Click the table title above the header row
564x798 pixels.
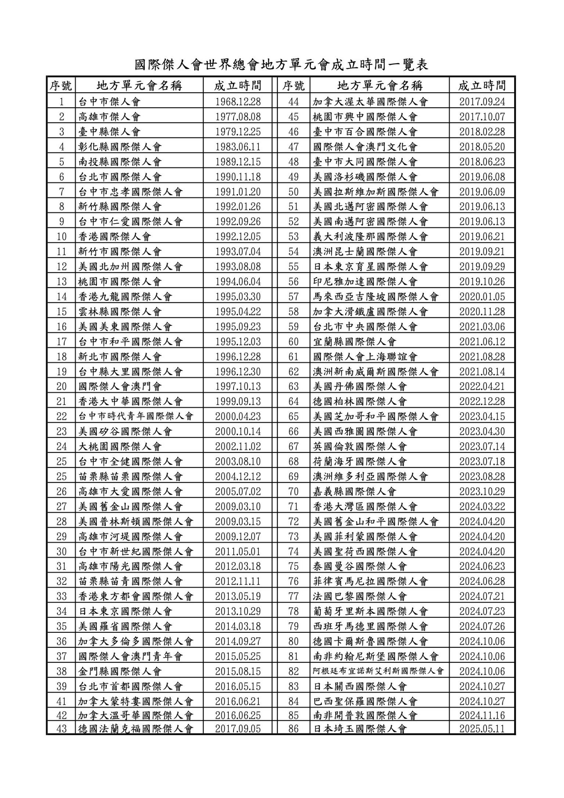281,65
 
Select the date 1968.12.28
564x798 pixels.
238,102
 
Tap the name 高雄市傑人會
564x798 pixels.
109,117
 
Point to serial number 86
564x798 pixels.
293,729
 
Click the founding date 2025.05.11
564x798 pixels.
482,729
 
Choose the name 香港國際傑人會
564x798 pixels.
115,237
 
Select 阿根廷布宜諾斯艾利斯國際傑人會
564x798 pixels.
379,671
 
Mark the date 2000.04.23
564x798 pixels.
238,417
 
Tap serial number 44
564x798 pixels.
293,102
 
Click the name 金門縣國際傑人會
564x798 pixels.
120,671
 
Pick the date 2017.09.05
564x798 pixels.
238,729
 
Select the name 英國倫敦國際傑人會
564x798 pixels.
360,447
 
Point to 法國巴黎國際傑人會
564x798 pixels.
360,596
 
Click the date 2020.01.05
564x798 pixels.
482,297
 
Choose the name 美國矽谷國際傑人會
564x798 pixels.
125,432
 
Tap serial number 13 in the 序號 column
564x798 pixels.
61,282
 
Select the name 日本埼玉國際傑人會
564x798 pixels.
360,729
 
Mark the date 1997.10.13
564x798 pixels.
238,387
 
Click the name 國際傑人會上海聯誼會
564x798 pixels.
365,356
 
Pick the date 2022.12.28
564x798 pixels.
482,402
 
